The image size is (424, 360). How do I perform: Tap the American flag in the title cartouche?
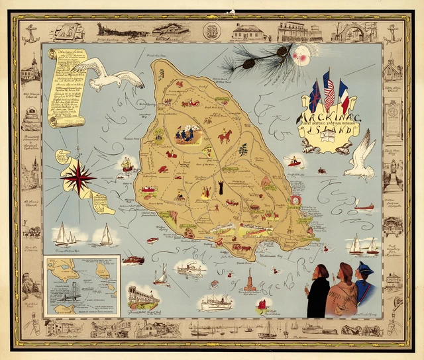(329, 91)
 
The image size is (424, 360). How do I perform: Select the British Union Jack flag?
(315, 97)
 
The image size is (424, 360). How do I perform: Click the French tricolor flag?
(343, 95)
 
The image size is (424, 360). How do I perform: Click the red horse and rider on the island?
(225, 136)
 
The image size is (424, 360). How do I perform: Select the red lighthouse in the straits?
(249, 281)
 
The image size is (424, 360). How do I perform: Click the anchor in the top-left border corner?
(30, 33)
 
